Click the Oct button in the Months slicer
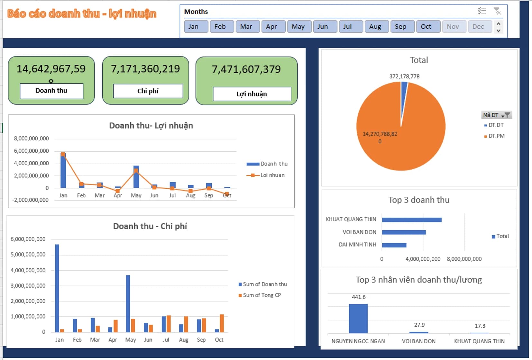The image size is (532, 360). [x=428, y=27]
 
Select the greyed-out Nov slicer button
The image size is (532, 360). [x=454, y=27]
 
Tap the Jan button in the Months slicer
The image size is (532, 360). [x=196, y=27]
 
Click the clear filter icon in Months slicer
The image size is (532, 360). [x=497, y=11]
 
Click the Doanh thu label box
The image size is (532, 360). [x=51, y=91]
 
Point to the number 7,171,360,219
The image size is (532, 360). [x=145, y=69]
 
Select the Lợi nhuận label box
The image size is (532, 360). [x=252, y=94]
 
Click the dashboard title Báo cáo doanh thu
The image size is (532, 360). [x=82, y=14]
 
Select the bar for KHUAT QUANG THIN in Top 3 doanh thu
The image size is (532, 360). [x=411, y=220]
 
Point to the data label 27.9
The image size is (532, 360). [x=419, y=325]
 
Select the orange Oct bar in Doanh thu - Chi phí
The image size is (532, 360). [x=222, y=323]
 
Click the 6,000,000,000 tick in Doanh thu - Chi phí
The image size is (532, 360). [x=28, y=239]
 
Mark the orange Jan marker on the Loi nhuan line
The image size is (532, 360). [x=63, y=154]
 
